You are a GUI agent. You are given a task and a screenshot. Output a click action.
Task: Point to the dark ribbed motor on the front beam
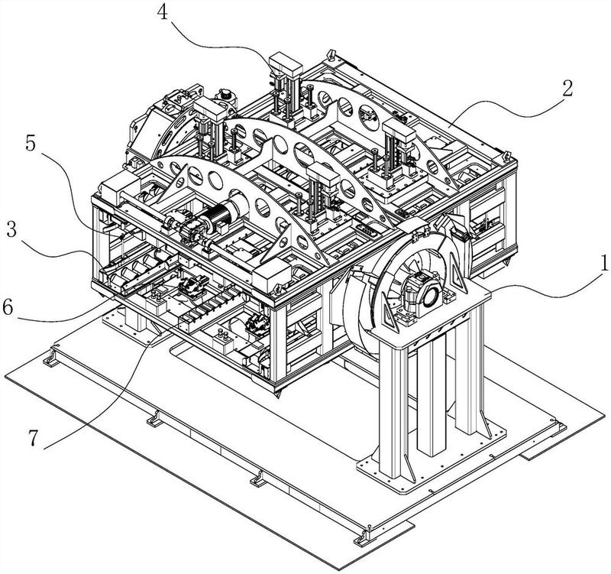226,213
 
